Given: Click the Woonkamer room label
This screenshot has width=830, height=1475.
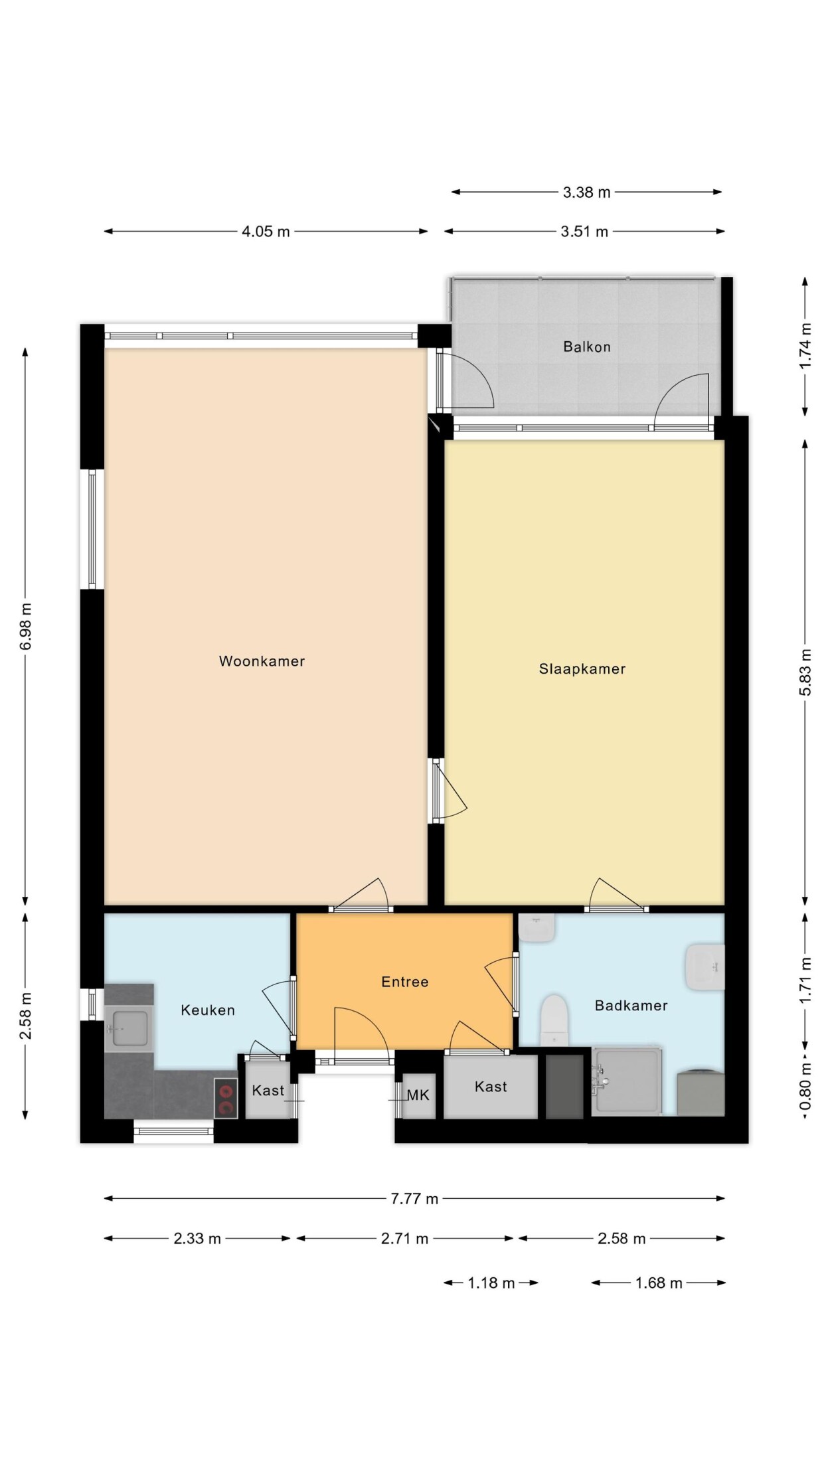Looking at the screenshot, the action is click(262, 661).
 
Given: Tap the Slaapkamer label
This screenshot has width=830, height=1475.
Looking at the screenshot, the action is click(582, 669).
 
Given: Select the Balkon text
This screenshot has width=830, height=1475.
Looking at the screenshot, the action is click(587, 347).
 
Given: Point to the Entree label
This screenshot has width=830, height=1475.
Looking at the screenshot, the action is click(405, 982).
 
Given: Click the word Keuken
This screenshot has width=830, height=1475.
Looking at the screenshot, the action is click(208, 1010).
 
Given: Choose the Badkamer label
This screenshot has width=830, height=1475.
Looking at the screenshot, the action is click(631, 1006).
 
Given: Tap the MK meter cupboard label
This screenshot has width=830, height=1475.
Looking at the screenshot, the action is click(418, 1095).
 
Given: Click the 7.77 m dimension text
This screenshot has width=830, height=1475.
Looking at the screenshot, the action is click(414, 1199).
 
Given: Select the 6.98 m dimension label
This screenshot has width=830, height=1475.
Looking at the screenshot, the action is click(26, 627).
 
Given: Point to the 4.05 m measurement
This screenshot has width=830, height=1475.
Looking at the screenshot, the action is click(266, 232).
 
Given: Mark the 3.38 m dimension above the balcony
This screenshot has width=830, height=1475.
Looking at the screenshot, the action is click(586, 193).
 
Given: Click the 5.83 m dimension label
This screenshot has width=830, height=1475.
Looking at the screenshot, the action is click(805, 672).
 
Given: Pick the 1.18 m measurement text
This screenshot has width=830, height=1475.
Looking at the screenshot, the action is click(491, 1283).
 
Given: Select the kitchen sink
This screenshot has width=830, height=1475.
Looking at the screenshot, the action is click(129, 1028).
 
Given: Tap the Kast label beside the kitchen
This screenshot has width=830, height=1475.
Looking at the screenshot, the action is click(268, 1091).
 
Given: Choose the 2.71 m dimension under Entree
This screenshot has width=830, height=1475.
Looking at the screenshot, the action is click(404, 1239).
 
